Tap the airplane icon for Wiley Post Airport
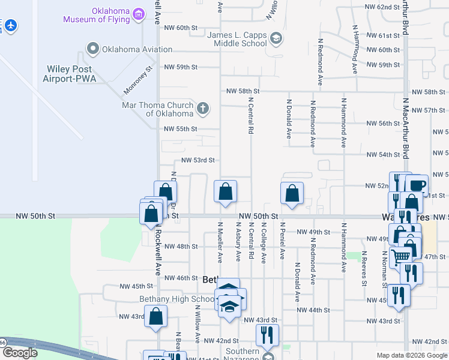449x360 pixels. coord(10,26)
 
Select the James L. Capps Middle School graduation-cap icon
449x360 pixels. coord(276,40)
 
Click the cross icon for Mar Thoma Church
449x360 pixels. coord(203,109)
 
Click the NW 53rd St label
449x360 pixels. coord(198,161)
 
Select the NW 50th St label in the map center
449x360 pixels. coord(258,216)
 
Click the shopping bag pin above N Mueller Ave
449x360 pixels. coord(225,193)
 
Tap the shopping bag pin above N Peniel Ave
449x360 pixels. coord(292,193)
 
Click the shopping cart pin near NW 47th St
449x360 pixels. coord(400,257)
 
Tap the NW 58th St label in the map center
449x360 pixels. coord(246,91)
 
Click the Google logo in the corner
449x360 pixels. coord(19,353)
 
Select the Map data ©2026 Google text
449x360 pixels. coord(411,355)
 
